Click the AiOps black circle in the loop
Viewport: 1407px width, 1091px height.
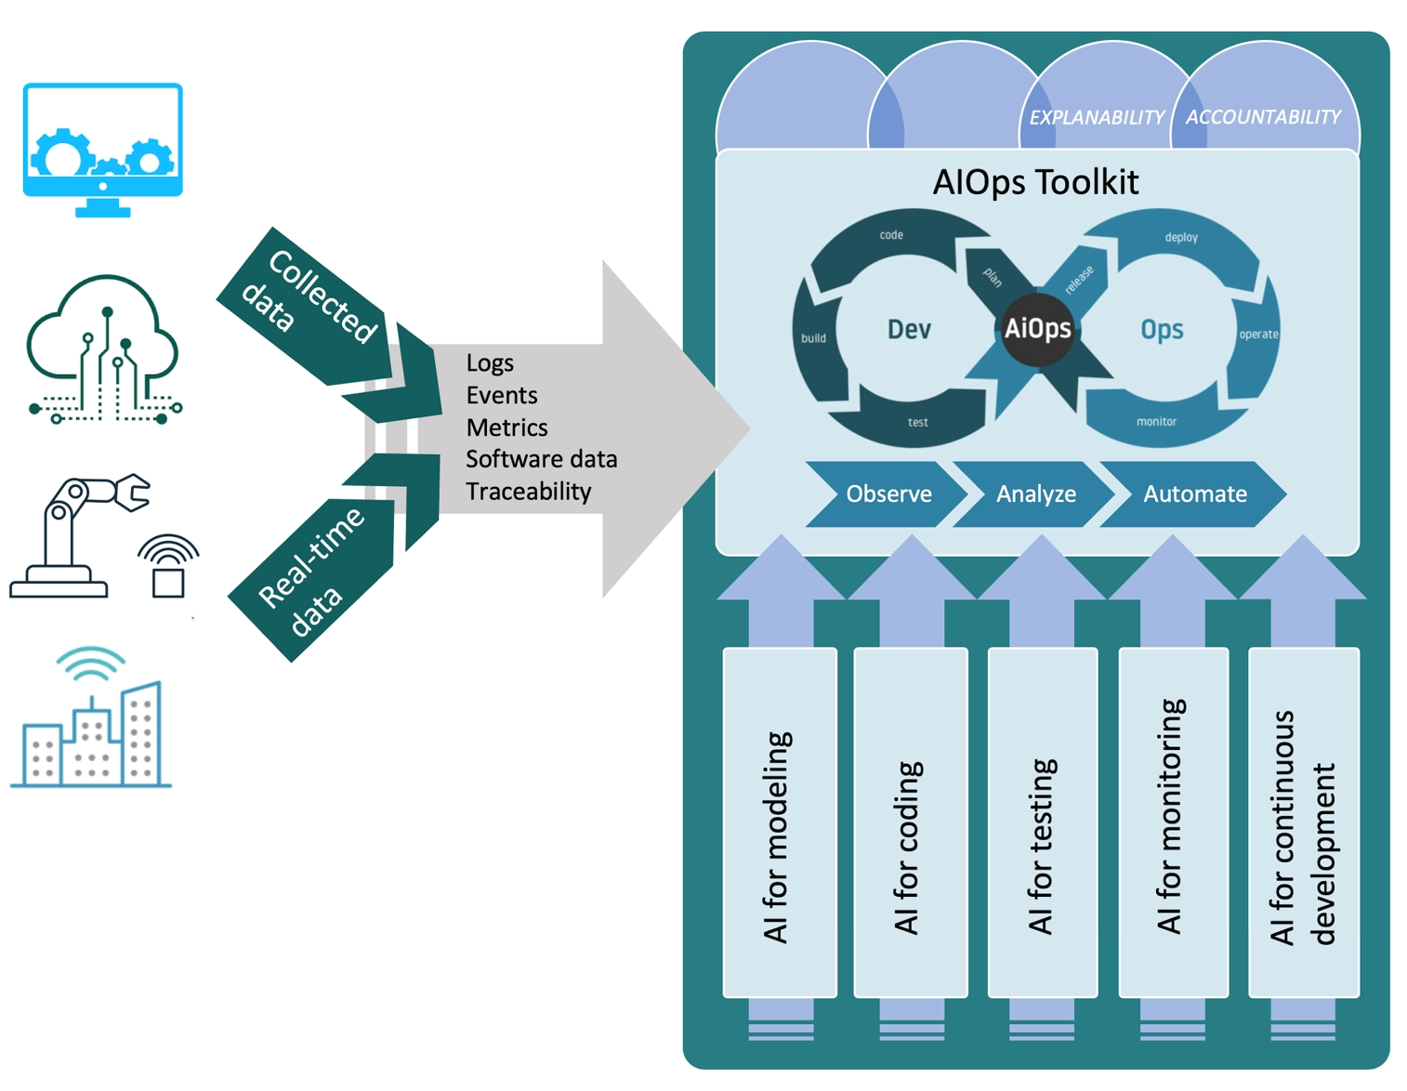tap(1037, 329)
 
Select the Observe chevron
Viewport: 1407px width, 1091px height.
tap(888, 493)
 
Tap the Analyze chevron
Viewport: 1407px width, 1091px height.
tap(1035, 493)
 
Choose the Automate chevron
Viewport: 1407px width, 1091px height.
tap(1194, 493)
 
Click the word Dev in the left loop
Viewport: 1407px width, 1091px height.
tap(909, 329)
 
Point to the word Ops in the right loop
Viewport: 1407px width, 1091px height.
tap(1162, 329)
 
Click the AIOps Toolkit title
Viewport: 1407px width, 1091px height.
tap(1035, 182)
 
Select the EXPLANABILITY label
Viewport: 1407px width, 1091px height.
tap(1096, 118)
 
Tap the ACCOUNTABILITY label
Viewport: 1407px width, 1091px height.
tap(1263, 117)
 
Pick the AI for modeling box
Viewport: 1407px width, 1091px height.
tap(780, 822)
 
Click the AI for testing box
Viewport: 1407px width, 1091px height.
tap(1043, 822)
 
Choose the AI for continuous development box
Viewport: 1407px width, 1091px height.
tap(1303, 822)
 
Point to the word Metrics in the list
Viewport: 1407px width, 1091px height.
tap(506, 427)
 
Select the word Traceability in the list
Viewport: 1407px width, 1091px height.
tap(528, 492)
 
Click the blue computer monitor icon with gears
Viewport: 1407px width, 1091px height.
tap(102, 149)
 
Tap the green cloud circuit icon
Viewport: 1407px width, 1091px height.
tap(103, 348)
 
